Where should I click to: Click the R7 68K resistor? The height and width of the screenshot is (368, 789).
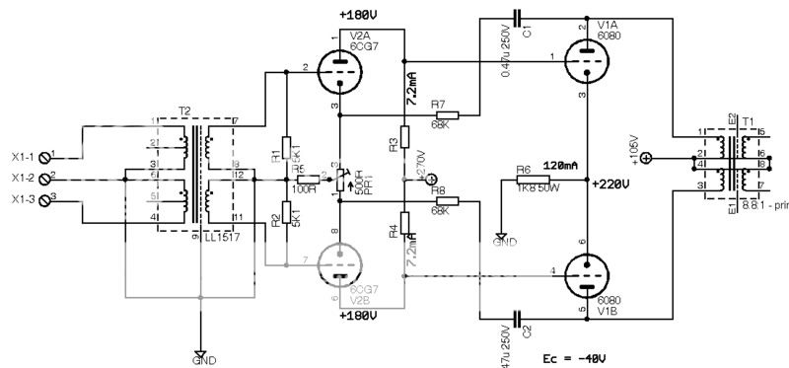[x=447, y=114]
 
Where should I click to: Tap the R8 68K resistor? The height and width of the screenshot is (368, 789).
[x=447, y=201]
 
